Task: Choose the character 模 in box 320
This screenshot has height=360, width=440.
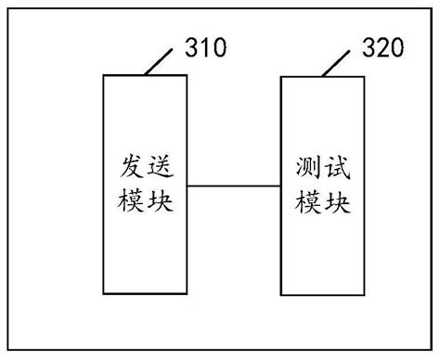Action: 304,200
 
